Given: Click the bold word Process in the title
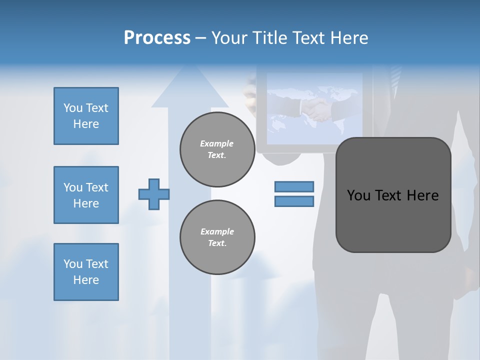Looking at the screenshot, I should [157, 38].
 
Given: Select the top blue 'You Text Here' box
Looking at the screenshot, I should [86, 116].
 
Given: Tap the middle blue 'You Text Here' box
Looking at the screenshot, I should [86, 195].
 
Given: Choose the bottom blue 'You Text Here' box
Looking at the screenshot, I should [86, 272].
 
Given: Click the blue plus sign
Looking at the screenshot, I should [154, 194].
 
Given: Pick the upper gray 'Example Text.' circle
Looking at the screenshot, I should [217, 149].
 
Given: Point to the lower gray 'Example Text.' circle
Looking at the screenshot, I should [217, 237].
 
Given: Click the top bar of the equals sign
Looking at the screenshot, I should [294, 186].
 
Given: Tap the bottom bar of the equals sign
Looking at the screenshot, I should [294, 201].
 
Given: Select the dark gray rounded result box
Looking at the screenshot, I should [393, 195].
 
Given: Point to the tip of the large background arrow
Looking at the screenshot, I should [190, 67].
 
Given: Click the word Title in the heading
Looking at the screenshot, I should [270, 38].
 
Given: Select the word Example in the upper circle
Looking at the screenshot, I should [217, 143].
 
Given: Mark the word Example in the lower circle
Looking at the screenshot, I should [217, 231].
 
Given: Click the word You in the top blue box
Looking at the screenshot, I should [73, 108].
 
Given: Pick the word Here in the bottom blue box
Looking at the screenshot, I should [86, 280].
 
